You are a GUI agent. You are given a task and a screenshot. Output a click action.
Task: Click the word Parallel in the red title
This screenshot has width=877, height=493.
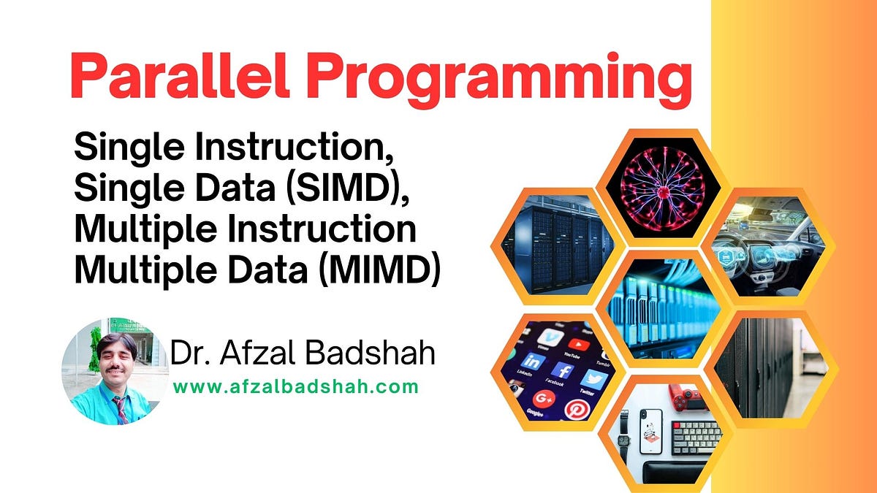click(180, 75)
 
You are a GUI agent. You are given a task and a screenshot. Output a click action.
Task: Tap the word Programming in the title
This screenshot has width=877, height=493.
click(498, 80)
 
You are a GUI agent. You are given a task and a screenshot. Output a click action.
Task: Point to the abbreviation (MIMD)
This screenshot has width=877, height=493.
click(380, 269)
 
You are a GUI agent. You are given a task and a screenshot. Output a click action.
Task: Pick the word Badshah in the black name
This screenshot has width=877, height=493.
click(370, 353)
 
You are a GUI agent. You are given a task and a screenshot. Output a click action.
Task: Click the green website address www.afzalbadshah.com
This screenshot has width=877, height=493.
click(296, 387)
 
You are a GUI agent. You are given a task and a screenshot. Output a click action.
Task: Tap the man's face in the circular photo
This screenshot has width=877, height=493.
click(116, 359)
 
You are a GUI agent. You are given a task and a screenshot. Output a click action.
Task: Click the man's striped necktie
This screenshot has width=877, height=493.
click(121, 410)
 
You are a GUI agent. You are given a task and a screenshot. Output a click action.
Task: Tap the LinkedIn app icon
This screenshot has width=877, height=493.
click(533, 362)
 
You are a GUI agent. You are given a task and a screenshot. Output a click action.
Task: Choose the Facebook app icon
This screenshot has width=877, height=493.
click(563, 370)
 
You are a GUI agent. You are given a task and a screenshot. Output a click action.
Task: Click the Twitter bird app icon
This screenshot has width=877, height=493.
click(593, 379)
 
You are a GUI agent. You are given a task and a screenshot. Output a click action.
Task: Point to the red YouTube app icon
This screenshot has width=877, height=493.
click(578, 345)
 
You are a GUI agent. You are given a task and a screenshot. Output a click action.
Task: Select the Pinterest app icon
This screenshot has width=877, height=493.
click(577, 409)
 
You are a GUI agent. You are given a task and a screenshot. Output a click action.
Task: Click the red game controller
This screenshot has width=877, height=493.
click(687, 397)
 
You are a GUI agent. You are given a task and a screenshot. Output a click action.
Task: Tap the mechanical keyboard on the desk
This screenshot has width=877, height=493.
click(696, 437)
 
